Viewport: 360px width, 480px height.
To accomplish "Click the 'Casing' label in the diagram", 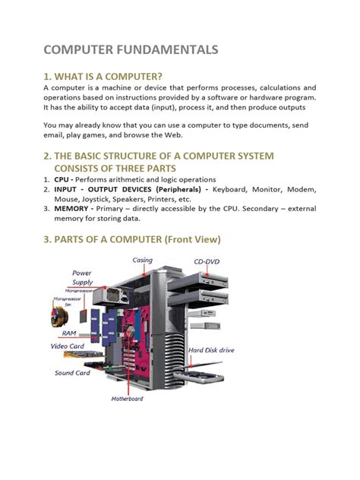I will [x=142, y=261].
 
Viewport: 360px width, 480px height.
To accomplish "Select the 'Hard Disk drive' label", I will [x=212, y=350].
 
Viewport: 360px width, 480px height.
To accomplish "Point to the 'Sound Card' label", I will [x=72, y=373].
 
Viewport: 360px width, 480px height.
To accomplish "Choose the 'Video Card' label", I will [x=68, y=346].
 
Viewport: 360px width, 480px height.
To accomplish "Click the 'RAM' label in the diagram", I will [x=69, y=333].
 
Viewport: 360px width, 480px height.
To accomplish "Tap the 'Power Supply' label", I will [x=82, y=277].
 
